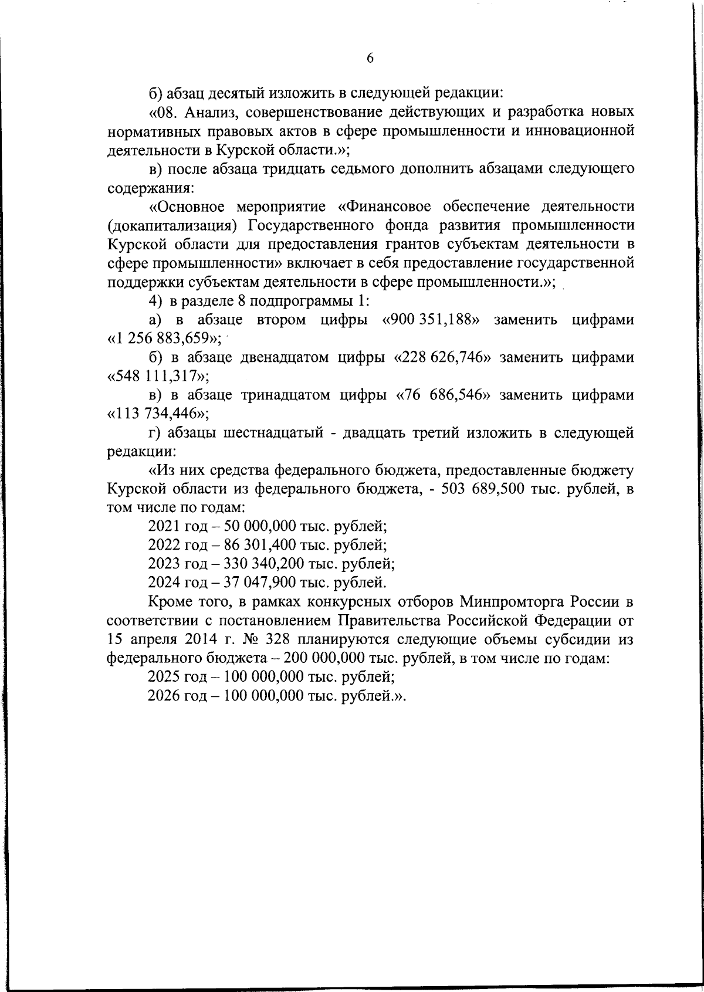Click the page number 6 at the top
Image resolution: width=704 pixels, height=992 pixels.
(x=370, y=58)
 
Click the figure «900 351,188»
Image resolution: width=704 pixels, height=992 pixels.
(x=431, y=320)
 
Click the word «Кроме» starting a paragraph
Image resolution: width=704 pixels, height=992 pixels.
(x=168, y=601)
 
